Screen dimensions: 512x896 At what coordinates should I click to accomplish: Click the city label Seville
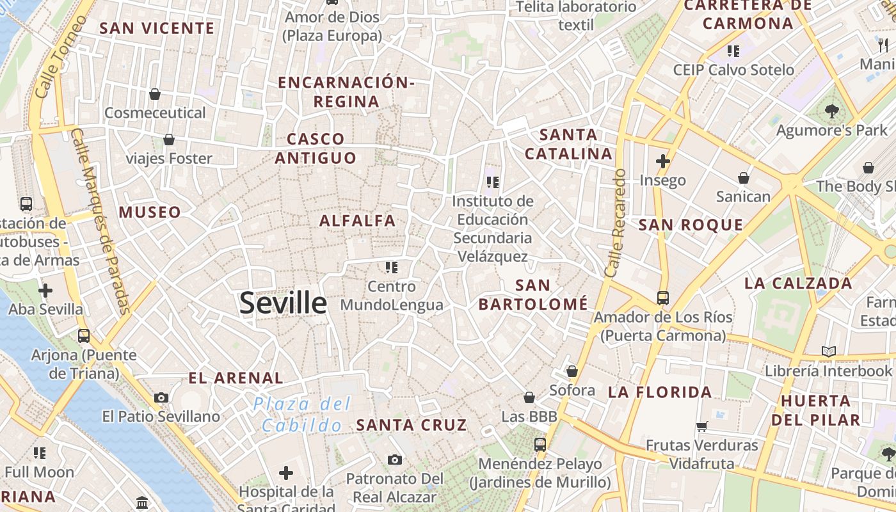[283, 303]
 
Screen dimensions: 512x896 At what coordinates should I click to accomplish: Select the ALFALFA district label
[358, 221]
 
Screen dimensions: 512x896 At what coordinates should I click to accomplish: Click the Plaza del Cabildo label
[302, 414]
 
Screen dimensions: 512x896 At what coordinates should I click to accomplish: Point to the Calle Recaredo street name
[615, 223]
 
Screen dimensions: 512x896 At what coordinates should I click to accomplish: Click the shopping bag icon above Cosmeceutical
[155, 94]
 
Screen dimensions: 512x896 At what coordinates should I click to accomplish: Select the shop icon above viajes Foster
[169, 139]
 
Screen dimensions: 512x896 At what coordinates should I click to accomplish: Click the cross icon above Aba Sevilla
[45, 291]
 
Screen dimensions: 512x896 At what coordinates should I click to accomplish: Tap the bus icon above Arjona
[83, 335]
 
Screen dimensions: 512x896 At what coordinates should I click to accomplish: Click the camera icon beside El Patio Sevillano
[161, 397]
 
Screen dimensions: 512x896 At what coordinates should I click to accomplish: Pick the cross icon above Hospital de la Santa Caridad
[286, 473]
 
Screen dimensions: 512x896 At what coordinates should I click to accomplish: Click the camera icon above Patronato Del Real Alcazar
[395, 460]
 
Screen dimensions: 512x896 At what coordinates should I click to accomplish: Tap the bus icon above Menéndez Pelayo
[540, 444]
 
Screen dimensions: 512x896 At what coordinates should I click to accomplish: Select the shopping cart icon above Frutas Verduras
[701, 426]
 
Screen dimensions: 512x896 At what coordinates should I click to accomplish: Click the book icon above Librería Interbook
[829, 351]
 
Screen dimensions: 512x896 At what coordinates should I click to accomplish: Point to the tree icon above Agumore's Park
[831, 111]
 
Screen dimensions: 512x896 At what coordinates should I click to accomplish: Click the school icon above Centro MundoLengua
[392, 267]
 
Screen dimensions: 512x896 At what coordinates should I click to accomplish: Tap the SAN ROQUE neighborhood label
[691, 225]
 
